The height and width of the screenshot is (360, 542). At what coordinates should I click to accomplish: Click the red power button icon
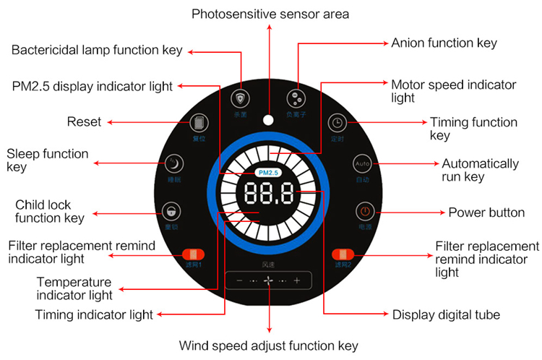[365, 212]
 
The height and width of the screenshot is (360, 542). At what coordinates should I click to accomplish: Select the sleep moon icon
[173, 163]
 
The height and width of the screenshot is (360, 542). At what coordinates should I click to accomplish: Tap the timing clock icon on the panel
[337, 121]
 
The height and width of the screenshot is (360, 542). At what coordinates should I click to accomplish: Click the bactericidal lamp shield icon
[240, 98]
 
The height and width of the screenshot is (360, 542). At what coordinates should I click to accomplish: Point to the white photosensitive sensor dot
[269, 119]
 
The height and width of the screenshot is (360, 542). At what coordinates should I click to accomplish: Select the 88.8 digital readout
[269, 194]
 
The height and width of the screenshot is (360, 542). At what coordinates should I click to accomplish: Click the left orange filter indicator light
[194, 254]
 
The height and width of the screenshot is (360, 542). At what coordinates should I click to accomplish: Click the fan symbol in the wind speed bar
[269, 280]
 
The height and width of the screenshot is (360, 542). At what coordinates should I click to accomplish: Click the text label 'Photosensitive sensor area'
[269, 14]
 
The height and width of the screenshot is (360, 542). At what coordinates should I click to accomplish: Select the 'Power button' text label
[486, 213]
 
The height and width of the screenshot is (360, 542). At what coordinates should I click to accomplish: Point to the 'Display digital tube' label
[446, 314]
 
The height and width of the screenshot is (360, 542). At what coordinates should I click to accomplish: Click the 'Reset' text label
[84, 121]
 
